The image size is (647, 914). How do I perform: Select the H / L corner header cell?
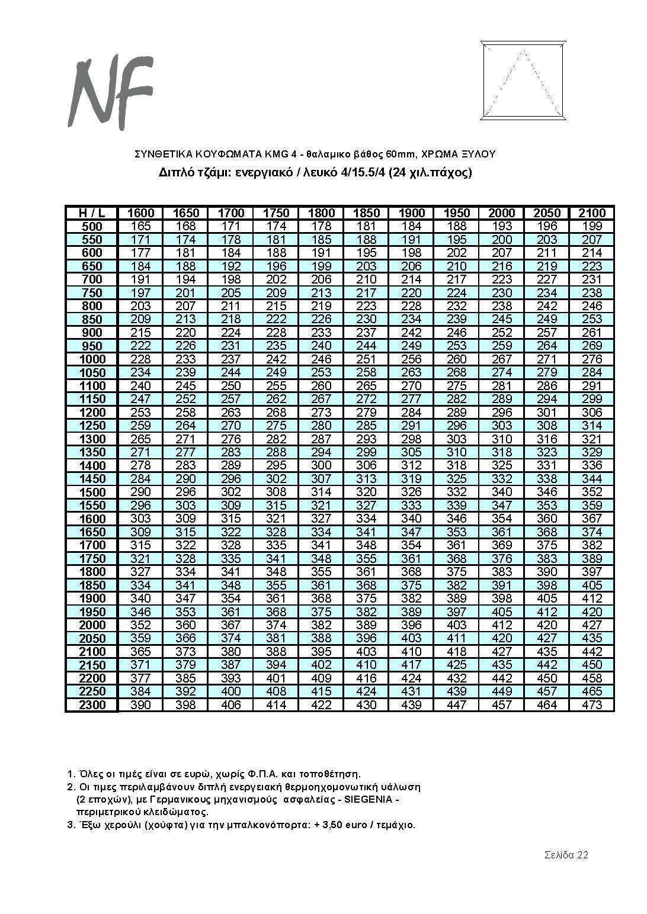click(x=91, y=213)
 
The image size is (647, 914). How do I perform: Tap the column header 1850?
click(x=366, y=213)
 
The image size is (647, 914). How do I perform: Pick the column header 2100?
click(x=592, y=213)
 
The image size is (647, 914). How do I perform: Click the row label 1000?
click(x=91, y=359)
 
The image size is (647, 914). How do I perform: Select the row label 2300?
click(x=91, y=705)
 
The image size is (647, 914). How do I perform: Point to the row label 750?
click(x=91, y=293)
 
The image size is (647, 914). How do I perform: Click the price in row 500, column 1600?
click(x=141, y=226)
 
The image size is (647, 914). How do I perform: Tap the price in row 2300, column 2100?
click(x=592, y=705)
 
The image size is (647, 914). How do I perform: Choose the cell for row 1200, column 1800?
click(x=321, y=413)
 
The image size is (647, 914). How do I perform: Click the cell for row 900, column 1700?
click(x=230, y=333)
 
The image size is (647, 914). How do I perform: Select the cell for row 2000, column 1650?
click(x=185, y=625)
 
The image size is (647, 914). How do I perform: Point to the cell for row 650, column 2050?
click(x=547, y=266)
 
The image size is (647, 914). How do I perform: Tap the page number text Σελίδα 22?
click(x=566, y=855)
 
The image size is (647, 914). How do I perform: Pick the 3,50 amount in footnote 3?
click(x=335, y=825)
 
